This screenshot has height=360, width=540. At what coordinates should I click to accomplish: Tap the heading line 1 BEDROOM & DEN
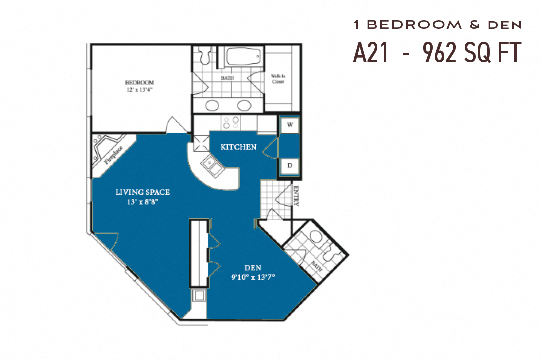coord(437,24)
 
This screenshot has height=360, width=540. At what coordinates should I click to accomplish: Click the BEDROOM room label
coord(139,82)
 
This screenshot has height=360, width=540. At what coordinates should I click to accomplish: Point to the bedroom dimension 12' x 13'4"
coord(139,90)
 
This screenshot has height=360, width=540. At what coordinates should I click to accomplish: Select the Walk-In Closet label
coord(278,79)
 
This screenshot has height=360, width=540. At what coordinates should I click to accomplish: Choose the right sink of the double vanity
coord(244,105)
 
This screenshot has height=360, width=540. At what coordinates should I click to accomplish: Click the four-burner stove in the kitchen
coord(232,123)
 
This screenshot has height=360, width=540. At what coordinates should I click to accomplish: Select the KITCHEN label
coord(238,147)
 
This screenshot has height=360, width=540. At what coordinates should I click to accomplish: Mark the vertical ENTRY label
coord(296,196)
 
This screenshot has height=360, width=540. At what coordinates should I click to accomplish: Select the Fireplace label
coord(113,155)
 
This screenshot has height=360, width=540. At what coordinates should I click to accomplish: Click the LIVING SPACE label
coord(143,192)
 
